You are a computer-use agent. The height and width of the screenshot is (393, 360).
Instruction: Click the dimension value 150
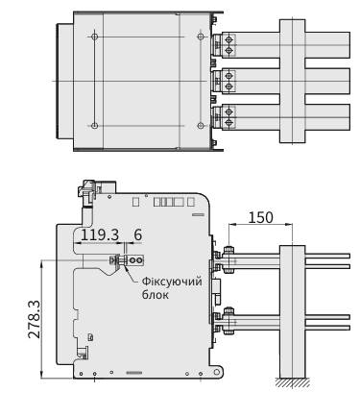(x=261, y=217)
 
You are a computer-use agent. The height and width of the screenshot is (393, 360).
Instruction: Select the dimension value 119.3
(x=100, y=234)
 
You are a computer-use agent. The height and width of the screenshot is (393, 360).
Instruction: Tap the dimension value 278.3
(x=35, y=319)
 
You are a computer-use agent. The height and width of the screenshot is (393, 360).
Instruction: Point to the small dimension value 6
(x=137, y=234)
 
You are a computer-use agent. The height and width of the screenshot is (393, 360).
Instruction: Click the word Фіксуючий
(x=172, y=282)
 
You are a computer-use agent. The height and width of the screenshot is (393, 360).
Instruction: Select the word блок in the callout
(x=156, y=295)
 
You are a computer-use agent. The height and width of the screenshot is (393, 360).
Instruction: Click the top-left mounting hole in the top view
(x=94, y=37)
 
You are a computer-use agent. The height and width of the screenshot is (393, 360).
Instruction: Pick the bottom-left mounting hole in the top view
(x=94, y=126)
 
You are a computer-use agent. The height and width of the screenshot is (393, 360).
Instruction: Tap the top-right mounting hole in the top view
(x=201, y=37)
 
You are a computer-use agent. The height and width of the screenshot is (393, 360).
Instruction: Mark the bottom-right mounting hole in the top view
(x=201, y=126)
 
